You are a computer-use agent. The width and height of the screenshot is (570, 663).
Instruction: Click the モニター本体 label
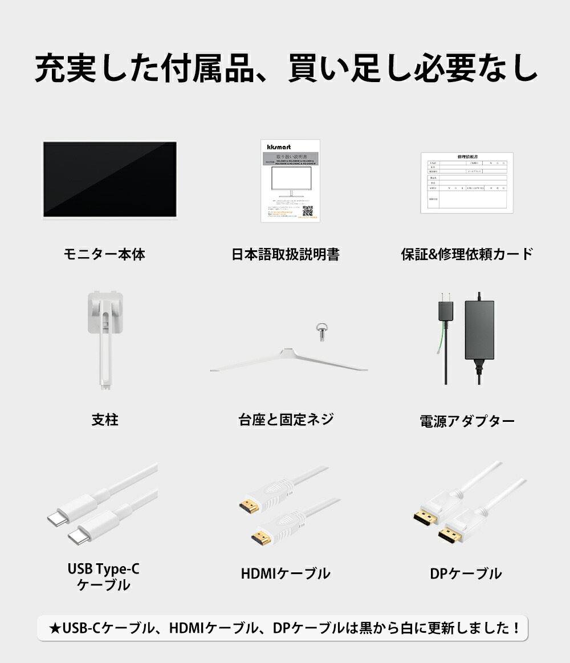(104, 254)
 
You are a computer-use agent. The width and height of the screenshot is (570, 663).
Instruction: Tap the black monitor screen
(110, 178)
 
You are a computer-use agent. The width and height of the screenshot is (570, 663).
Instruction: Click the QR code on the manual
(308, 211)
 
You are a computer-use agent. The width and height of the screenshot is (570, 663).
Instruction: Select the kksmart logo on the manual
(279, 147)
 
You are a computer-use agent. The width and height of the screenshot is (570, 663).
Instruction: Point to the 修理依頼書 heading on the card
(467, 157)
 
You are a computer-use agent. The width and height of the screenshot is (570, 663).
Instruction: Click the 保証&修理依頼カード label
(467, 254)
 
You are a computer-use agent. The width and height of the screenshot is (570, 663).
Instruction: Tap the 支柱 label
(105, 420)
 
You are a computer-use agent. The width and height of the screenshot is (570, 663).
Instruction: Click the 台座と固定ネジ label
(286, 420)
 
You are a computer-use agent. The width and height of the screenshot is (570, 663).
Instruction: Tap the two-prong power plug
(445, 310)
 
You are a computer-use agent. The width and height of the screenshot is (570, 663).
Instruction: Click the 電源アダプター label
(467, 421)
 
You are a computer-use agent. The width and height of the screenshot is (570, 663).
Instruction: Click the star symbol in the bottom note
(55, 629)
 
